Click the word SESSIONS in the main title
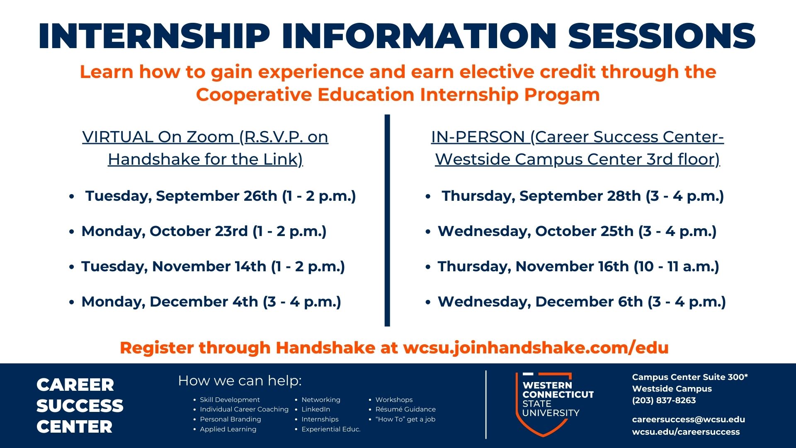(x=662, y=36)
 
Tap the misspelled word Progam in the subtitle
(x=562, y=95)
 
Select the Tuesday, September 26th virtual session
(x=221, y=196)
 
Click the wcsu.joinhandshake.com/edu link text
(x=536, y=348)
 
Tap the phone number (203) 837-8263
(x=664, y=400)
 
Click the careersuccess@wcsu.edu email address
(x=688, y=419)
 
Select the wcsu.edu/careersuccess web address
(x=686, y=432)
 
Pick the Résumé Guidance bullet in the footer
(x=405, y=409)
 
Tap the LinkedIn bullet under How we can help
(x=315, y=409)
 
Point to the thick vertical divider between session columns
(x=387, y=220)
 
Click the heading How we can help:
(x=240, y=380)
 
